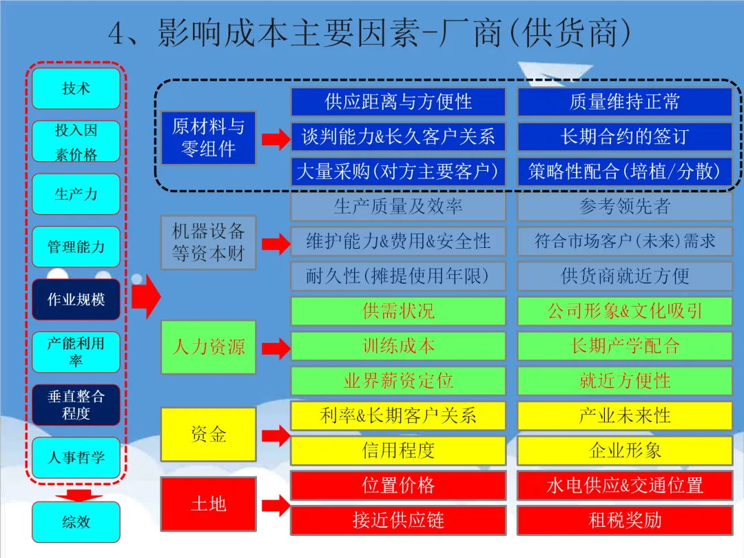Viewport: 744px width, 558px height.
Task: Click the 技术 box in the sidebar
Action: coord(76,88)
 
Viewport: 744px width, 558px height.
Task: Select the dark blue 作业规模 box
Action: coord(76,300)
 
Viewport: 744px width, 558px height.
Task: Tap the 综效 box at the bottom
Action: coord(76,521)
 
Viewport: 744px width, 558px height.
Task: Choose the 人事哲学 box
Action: coord(76,457)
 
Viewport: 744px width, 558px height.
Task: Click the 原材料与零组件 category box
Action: coord(208,138)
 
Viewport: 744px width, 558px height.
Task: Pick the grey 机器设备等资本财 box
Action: coord(208,242)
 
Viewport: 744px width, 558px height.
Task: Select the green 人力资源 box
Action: coord(208,347)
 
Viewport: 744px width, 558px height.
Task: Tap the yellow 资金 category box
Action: coord(208,434)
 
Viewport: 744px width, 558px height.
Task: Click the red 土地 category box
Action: coord(208,504)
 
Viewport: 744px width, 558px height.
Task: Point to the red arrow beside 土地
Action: coord(275,506)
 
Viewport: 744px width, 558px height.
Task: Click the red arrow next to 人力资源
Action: coord(275,349)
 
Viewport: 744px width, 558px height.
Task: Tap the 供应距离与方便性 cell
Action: coord(398,102)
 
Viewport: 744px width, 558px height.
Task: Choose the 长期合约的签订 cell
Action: coord(625,136)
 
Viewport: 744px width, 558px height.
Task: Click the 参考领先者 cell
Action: coord(625,207)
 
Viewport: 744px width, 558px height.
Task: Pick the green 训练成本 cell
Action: coord(398,346)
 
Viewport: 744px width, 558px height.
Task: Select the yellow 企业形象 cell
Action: coord(625,451)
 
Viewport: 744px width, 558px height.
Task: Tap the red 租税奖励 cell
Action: coord(625,520)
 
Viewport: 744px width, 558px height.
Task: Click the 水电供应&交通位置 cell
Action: coord(625,485)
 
